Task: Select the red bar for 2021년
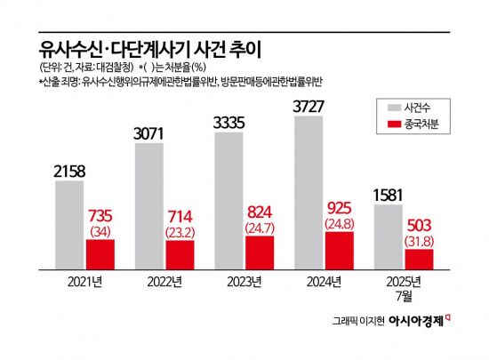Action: click(x=100, y=253)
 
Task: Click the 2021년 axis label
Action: click(x=84, y=283)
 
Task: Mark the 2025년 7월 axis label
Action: click(x=404, y=289)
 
